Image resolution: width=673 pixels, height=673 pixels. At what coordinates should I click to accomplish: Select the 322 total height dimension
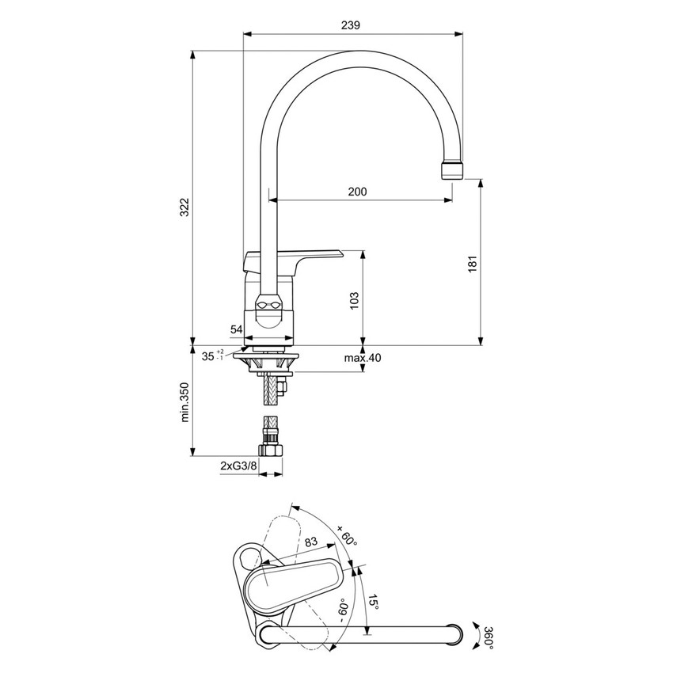(184, 207)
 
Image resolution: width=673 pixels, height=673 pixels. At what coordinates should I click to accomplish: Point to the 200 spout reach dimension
(357, 192)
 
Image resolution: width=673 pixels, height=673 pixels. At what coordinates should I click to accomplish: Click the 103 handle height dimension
(354, 299)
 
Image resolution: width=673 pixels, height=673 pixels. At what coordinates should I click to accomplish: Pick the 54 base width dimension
(237, 329)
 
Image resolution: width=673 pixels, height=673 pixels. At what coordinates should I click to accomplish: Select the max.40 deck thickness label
(363, 358)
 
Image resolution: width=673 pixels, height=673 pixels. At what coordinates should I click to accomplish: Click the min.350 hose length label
(184, 403)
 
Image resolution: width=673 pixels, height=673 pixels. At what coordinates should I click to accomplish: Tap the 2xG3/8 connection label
(238, 467)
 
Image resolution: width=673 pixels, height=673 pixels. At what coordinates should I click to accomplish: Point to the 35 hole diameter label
(208, 356)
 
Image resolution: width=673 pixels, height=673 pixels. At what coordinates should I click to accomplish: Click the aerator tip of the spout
(451, 169)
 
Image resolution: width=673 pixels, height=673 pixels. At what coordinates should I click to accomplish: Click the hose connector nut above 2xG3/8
(272, 450)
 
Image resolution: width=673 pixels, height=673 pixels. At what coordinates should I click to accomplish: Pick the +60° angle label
(347, 536)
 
